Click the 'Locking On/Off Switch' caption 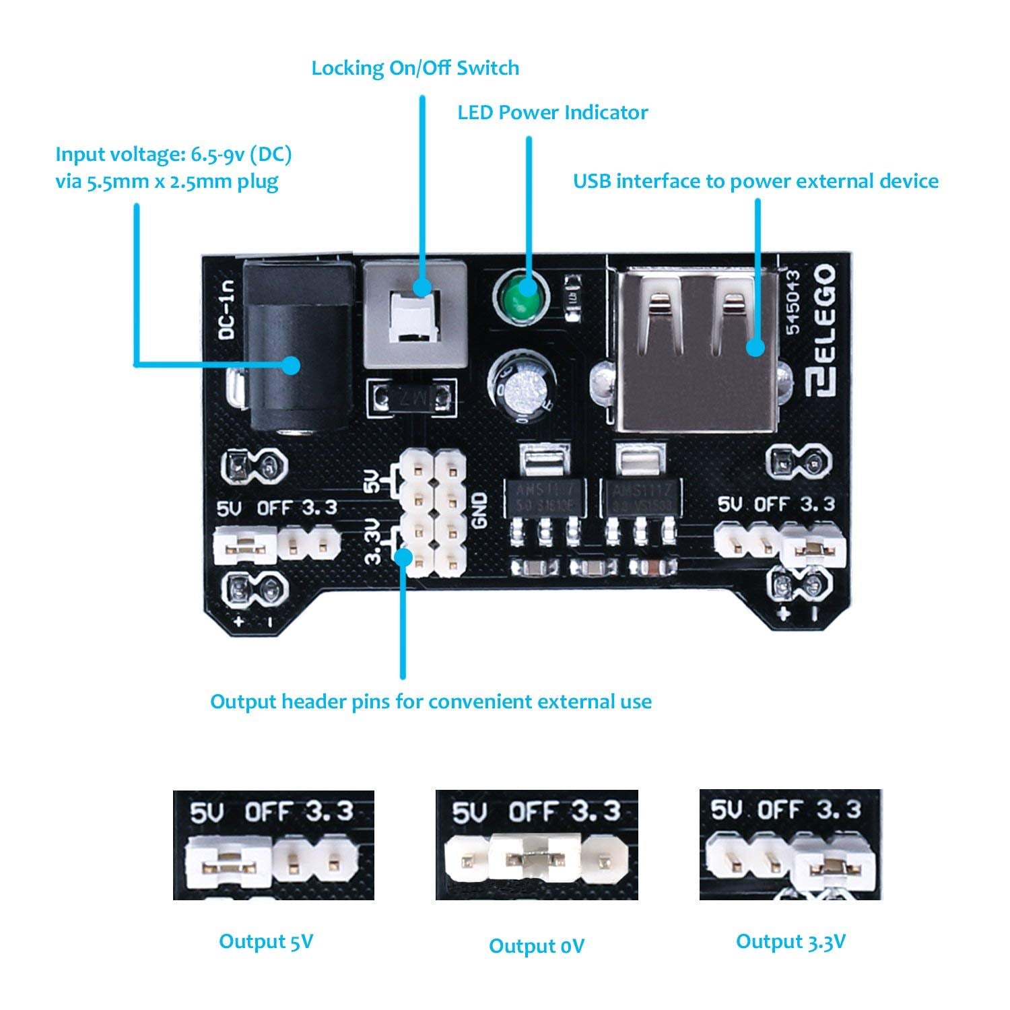[415, 68]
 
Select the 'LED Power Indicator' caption [552, 112]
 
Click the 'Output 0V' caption [536, 946]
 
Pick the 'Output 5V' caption [266, 941]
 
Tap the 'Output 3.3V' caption [790, 941]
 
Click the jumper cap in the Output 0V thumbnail [536, 860]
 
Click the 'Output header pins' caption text [431, 702]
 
